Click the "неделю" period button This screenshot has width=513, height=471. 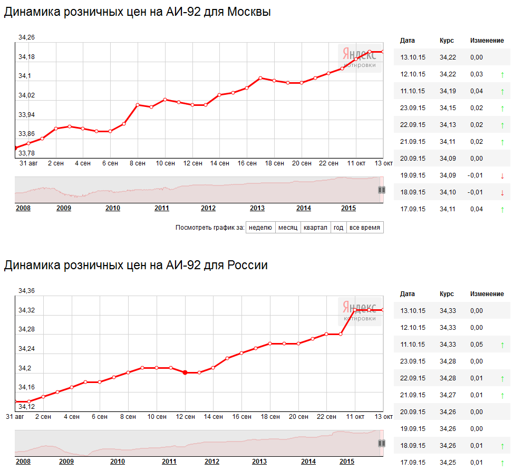[260, 228]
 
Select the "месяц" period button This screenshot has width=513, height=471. [288, 228]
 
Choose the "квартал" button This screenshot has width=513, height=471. [315, 228]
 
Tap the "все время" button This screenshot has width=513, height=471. [365, 228]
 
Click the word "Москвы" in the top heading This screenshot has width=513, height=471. [249, 12]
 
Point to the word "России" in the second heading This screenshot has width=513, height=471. [247, 265]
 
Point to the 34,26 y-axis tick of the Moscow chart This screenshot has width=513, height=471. [26, 37]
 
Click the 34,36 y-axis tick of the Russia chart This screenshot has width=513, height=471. [26, 291]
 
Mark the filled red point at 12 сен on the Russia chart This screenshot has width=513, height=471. [185, 372]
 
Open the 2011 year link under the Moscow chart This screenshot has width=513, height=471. [162, 208]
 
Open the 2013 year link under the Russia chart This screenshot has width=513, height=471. [259, 462]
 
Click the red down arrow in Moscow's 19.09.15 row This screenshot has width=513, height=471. [502, 176]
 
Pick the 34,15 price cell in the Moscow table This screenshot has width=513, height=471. [448, 108]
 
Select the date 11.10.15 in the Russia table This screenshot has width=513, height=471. [412, 345]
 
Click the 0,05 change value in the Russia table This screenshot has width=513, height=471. [477, 345]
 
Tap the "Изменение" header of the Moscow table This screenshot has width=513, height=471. [487, 41]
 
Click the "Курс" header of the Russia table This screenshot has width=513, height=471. [447, 294]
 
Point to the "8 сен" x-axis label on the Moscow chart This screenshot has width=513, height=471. [138, 163]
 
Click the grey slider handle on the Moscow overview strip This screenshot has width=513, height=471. [382, 190]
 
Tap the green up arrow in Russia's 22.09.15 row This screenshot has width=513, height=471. [502, 379]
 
